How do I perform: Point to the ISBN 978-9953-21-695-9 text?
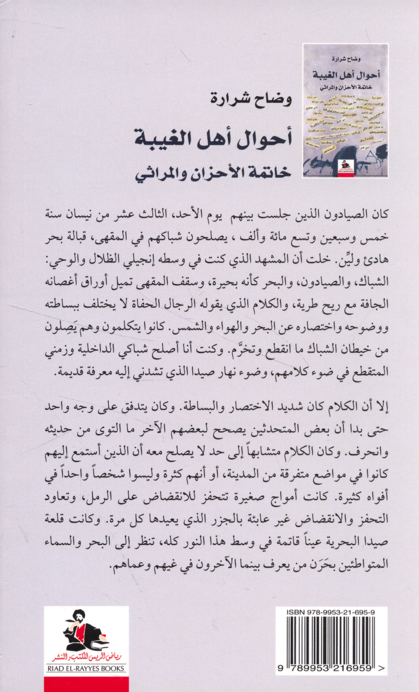(331, 612)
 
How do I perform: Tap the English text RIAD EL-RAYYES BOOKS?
(86, 668)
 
